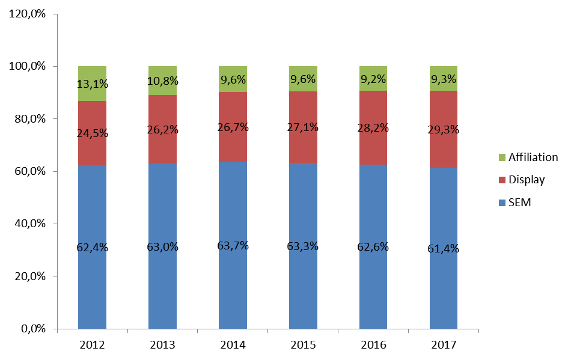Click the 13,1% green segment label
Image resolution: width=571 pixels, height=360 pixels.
[x=93, y=84]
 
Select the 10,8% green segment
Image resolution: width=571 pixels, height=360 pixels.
[x=162, y=81]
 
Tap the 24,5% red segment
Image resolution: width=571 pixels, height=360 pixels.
[x=92, y=133]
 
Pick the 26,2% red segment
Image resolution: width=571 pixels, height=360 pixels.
[x=162, y=129]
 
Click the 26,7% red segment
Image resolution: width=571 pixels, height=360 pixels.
[x=233, y=127]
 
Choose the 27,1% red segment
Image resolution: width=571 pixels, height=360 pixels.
[x=303, y=127]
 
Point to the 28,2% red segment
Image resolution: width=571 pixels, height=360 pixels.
[x=373, y=127]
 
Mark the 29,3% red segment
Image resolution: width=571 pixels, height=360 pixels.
[x=444, y=129]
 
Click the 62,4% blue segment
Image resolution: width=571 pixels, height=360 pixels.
[x=92, y=247]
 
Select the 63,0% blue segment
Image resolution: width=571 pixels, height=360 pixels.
[x=162, y=246]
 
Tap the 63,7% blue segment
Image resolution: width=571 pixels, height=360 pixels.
[x=233, y=245]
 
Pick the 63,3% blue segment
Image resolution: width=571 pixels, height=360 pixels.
[x=303, y=246]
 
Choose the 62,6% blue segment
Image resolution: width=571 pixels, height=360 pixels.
[x=373, y=246]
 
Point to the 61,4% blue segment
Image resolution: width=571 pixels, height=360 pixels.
[x=444, y=248]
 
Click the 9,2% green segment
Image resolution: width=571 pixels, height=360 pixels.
[x=373, y=79]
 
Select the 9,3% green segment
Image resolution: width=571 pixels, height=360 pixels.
[x=444, y=79]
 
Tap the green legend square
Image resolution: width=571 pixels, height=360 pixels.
[x=502, y=157]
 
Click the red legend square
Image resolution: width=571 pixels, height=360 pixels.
[x=502, y=180]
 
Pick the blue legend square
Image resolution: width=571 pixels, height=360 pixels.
[x=502, y=203]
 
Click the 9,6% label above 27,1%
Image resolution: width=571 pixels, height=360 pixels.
[x=303, y=79]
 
